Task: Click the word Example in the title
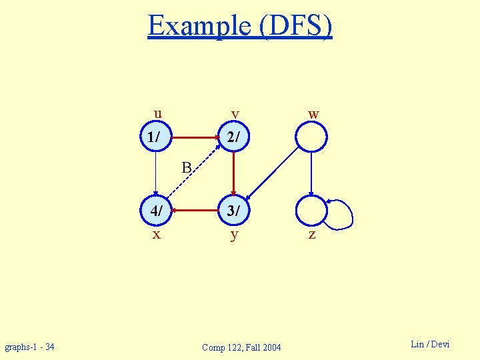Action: pos(197,25)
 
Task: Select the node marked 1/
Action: pos(155,138)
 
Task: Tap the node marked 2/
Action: pos(233,138)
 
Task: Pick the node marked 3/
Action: pos(233,211)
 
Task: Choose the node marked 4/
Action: pos(155,211)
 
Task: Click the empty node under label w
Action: pos(311,138)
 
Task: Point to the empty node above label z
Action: pos(311,211)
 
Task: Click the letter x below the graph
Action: pos(156,234)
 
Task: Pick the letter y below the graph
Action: pos(234,235)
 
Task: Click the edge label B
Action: pos(187,167)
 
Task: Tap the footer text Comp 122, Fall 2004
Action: pos(241,347)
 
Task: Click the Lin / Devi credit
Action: pos(430,344)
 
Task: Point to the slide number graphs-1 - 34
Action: pos(29,347)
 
